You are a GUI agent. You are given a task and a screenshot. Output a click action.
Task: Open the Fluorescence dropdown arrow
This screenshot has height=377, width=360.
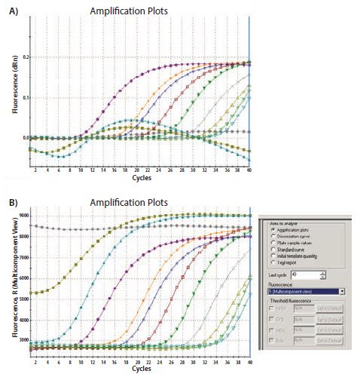pyautogui.click(x=342, y=290)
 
